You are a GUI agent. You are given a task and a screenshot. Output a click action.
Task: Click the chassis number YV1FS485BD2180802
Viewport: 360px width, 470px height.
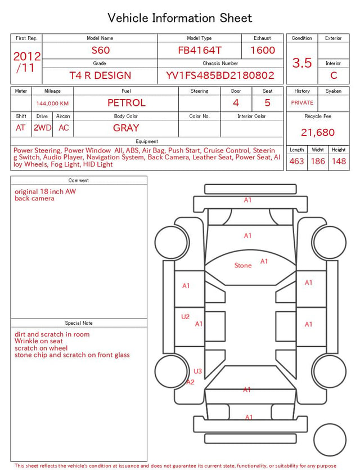220,75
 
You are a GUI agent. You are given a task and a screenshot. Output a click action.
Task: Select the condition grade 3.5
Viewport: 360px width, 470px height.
302,62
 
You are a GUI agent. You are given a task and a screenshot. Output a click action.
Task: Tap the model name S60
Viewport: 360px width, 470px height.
101,50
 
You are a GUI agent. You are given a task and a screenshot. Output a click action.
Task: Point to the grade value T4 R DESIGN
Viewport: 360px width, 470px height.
100,75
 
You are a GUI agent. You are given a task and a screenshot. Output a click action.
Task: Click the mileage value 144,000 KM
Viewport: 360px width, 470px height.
52,104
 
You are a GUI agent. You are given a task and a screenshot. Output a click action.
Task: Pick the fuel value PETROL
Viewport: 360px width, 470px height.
127,103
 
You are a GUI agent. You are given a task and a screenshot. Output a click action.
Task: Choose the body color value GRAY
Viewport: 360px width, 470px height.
126,128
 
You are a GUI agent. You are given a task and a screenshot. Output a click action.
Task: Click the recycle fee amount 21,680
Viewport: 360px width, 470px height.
318,132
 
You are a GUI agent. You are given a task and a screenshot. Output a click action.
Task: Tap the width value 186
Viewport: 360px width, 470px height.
318,161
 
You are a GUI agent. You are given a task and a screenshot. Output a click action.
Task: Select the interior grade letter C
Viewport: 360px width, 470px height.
334,75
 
